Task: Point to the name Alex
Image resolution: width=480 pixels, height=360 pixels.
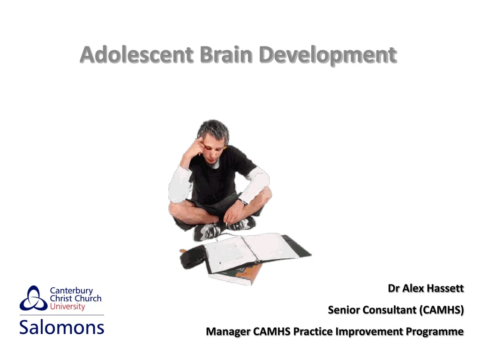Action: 412,288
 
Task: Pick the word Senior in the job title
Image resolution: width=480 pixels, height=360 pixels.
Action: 344,310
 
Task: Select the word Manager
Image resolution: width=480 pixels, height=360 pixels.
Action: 228,331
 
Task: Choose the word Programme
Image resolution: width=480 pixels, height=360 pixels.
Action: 435,331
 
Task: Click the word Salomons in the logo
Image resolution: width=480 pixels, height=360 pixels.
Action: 61,326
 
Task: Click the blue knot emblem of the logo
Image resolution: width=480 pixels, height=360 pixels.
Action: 33,299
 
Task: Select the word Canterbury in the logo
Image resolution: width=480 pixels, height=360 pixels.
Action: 71,291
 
